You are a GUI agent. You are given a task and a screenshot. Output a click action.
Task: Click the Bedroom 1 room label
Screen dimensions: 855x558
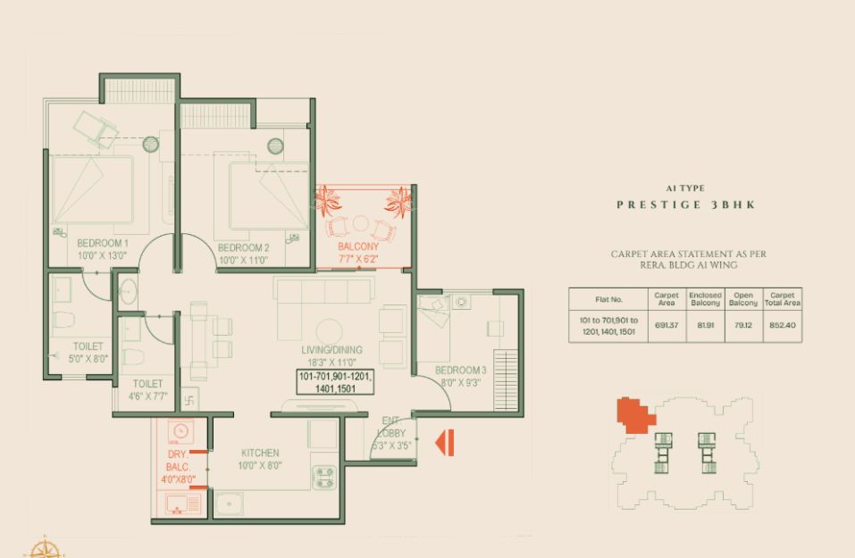(103, 243)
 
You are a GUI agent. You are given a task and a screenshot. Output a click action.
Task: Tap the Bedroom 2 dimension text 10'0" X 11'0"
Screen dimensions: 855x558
(243, 260)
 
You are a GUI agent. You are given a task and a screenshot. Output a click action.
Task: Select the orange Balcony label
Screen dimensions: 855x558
(357, 246)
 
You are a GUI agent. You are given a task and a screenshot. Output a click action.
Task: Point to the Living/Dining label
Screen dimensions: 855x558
(331, 350)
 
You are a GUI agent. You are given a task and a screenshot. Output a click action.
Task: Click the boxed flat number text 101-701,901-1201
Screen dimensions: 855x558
(335, 377)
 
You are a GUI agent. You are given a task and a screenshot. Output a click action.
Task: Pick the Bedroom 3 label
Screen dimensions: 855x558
(461, 371)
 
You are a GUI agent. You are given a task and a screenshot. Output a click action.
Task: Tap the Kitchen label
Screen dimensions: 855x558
(260, 453)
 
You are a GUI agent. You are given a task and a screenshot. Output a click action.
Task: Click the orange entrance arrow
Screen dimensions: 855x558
(444, 443)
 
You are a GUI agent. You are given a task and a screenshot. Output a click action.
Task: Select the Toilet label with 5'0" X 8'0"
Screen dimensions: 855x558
(88, 346)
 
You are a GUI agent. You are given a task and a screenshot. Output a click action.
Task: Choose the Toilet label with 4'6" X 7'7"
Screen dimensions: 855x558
(147, 384)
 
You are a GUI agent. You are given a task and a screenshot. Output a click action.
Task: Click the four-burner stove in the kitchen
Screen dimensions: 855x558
(323, 478)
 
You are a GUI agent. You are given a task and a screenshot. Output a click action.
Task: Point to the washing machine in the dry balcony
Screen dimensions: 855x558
(180, 431)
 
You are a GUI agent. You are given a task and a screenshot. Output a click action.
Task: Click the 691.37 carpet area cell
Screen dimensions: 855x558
(666, 325)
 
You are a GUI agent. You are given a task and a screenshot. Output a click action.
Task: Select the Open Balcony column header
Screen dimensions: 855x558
(743, 299)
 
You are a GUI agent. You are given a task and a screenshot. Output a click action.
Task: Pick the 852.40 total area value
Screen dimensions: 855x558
(782, 325)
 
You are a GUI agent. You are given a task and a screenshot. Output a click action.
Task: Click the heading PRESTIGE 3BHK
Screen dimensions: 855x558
(686, 204)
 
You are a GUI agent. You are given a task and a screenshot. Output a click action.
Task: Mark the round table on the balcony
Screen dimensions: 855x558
(360, 223)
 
